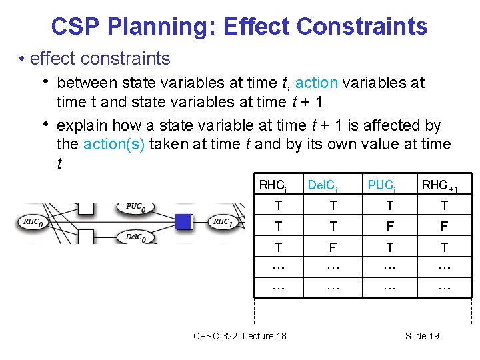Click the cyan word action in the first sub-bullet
click(316, 83)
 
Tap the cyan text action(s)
click(113, 144)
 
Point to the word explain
click(83, 125)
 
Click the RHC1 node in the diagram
click(223, 222)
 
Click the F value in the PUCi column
click(390, 227)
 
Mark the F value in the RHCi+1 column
click(445, 227)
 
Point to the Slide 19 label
click(422, 336)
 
